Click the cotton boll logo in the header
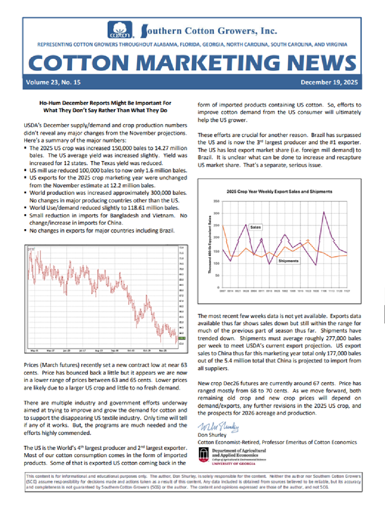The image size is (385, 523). (x=120, y=30)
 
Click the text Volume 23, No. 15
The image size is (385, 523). (x=53, y=82)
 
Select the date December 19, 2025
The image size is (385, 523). (x=329, y=82)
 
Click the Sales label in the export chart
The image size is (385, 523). (x=255, y=227)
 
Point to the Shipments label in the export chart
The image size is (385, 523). (x=288, y=261)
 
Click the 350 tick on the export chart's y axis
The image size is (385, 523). (x=217, y=201)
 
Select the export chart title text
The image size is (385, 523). (x=279, y=191)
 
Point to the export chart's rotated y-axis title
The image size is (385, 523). (x=210, y=244)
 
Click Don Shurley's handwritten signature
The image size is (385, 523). (x=218, y=426)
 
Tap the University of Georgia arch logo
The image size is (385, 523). (x=204, y=455)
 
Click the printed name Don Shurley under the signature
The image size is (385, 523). (x=212, y=435)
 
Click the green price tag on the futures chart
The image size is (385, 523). (x=182, y=338)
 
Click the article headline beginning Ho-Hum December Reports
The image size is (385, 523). (x=105, y=107)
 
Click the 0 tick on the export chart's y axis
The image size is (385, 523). (x=218, y=287)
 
